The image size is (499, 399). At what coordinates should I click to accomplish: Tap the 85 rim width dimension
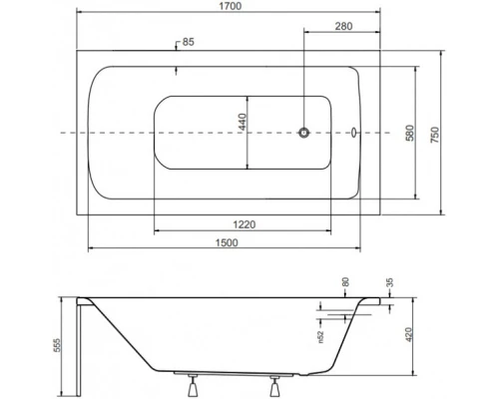189,43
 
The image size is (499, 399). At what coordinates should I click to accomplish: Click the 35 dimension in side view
387,282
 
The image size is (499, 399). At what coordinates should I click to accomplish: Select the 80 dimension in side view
344,282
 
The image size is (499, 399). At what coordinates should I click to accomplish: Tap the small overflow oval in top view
357,132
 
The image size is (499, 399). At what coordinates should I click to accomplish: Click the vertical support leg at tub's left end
80,344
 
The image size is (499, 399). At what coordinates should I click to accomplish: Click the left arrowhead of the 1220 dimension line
158,232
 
